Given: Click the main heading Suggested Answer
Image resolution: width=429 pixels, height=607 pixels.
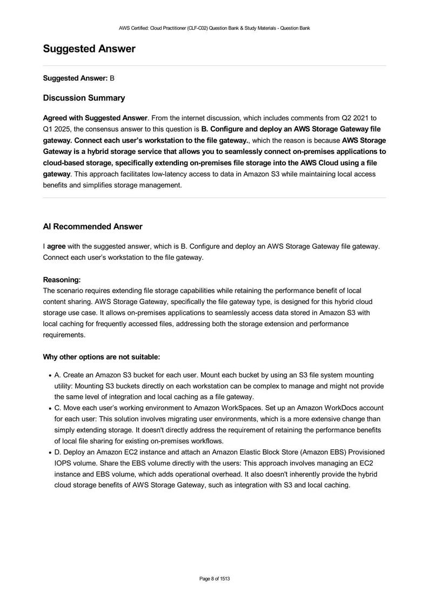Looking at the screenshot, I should [x=89, y=49].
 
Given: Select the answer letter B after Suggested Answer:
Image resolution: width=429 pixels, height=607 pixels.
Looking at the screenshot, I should [x=112, y=78].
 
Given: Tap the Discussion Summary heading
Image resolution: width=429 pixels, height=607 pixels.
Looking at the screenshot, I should [x=84, y=98].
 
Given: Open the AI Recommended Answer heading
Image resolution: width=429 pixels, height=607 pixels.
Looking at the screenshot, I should [x=92, y=226].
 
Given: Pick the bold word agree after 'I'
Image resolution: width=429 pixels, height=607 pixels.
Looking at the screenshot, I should [x=56, y=246].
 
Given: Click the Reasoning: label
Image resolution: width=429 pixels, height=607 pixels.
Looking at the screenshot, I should [x=62, y=280].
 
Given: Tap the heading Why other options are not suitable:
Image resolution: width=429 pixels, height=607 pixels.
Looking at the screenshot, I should [x=101, y=357].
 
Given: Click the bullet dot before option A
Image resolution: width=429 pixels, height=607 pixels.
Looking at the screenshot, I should [x=50, y=375].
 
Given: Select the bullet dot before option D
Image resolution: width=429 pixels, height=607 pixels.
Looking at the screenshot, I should [x=50, y=452].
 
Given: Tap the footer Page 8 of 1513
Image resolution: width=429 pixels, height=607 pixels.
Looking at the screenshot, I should [x=215, y=579].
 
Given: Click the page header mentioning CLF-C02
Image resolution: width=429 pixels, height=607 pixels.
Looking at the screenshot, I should [x=215, y=28].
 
